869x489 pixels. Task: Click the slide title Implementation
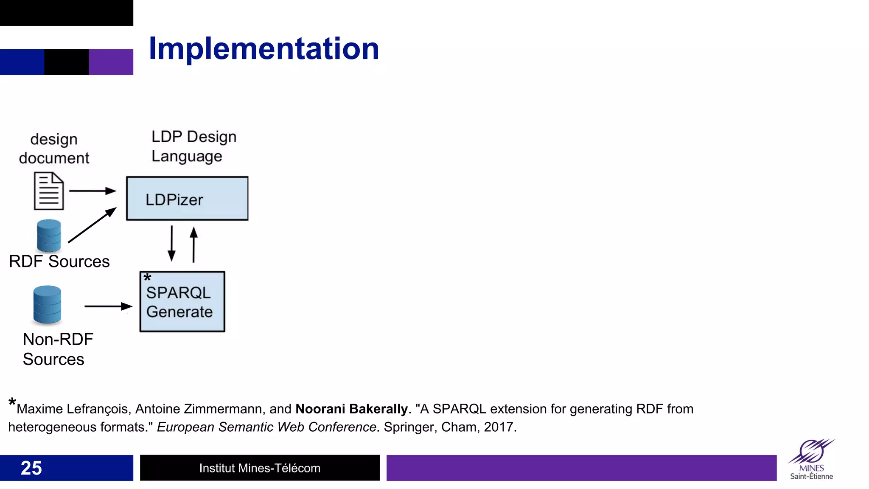[264, 49]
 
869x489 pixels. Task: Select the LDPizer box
[187, 199]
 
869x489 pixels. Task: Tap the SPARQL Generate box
[182, 302]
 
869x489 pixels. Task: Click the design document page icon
[49, 191]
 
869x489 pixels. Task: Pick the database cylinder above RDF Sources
[49, 236]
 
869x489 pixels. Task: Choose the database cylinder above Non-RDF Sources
[47, 305]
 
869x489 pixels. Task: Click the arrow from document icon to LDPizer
[92, 191]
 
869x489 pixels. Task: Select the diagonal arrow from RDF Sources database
[92, 225]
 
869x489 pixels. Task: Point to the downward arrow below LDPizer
[171, 243]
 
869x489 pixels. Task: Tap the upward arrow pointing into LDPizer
[193, 244]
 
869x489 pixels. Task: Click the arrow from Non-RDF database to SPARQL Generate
[108, 306]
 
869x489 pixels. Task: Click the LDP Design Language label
[193, 146]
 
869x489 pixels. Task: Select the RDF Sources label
[59, 261]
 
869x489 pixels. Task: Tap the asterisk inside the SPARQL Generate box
[147, 278]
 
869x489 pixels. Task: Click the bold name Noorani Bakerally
[351, 409]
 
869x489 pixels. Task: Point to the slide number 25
[31, 468]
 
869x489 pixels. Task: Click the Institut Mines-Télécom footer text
[260, 468]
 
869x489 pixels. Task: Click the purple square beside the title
[111, 62]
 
